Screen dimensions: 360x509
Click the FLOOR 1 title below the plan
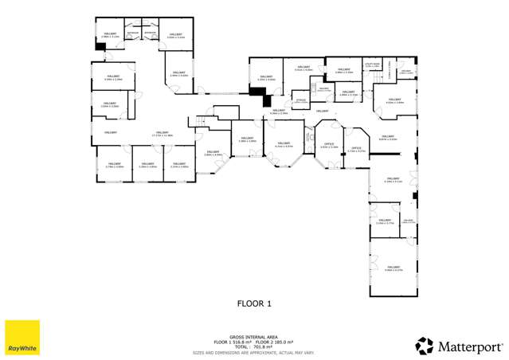[x=255, y=303]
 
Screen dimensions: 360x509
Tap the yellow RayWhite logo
[x=22, y=338]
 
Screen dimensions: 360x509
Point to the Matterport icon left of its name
[x=425, y=346]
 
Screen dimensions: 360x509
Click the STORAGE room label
[x=301, y=100]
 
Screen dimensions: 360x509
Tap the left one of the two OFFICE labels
[x=329, y=144]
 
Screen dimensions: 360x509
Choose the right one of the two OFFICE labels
[x=356, y=148]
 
